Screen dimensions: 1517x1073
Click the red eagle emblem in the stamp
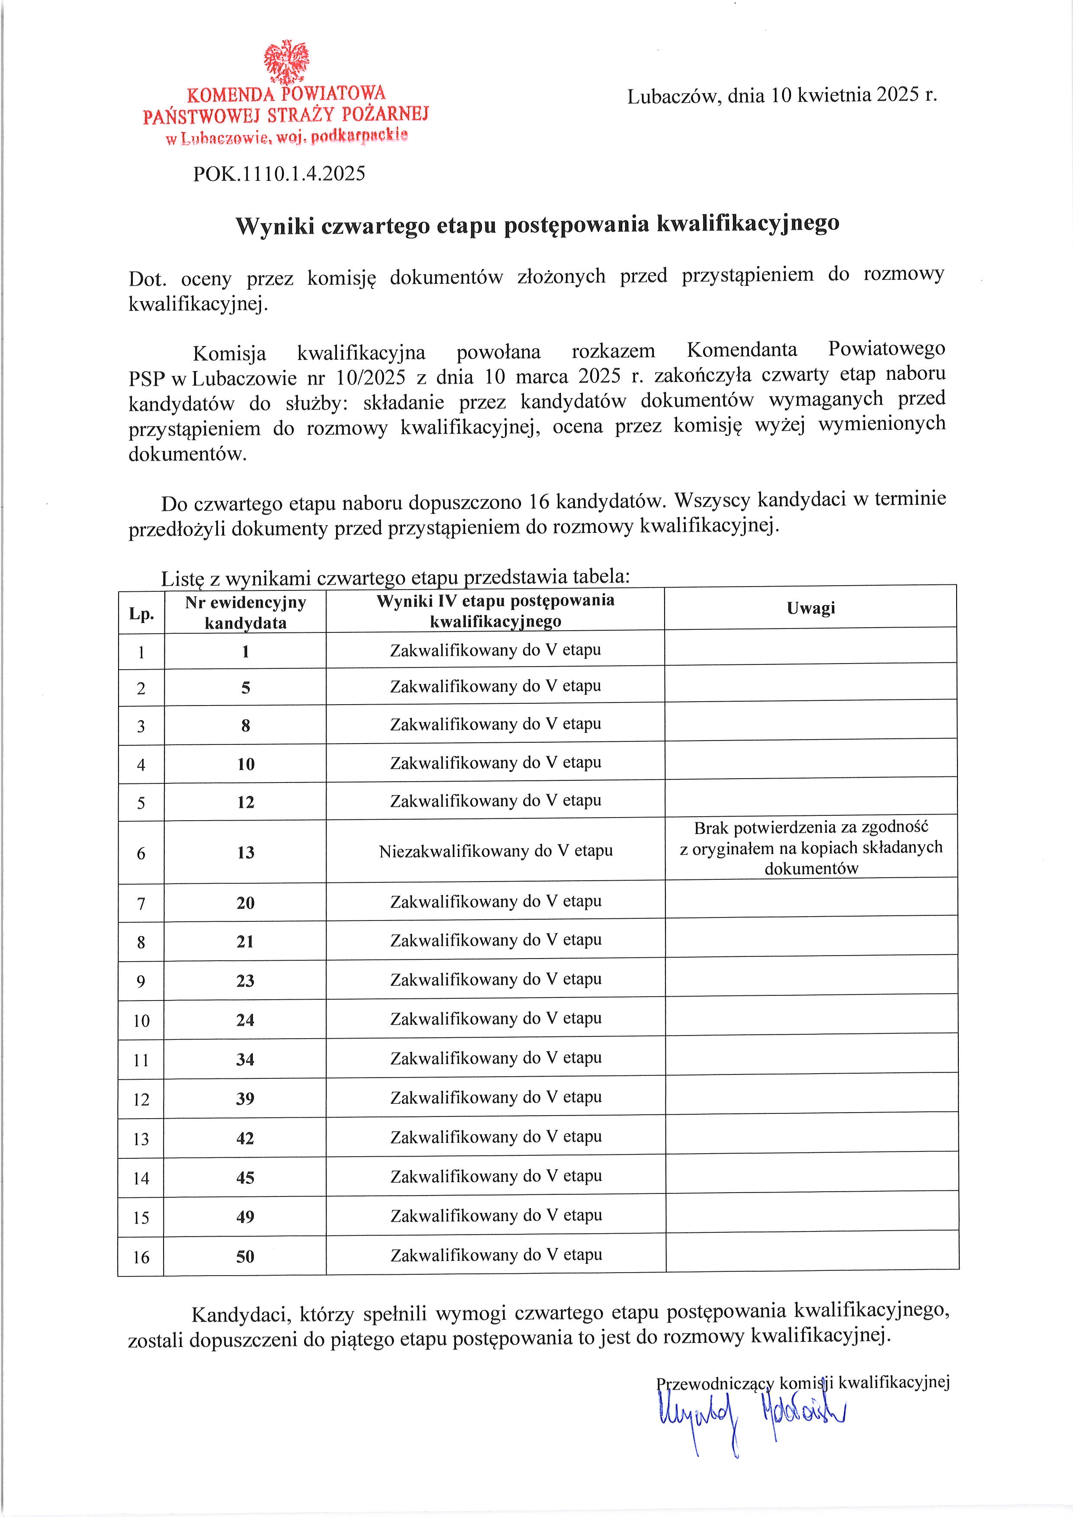tap(286, 62)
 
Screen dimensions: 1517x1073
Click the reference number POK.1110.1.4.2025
tap(279, 174)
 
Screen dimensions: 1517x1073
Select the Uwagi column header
tap(811, 608)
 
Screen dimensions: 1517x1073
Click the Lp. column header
tap(141, 614)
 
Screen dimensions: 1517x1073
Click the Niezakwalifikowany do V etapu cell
tap(495, 851)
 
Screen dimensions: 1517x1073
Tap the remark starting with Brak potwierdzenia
tap(811, 848)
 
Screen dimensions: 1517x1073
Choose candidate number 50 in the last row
tap(245, 1257)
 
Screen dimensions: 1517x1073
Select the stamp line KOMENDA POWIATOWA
tap(286, 94)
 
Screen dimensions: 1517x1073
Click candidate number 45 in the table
tap(245, 1178)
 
